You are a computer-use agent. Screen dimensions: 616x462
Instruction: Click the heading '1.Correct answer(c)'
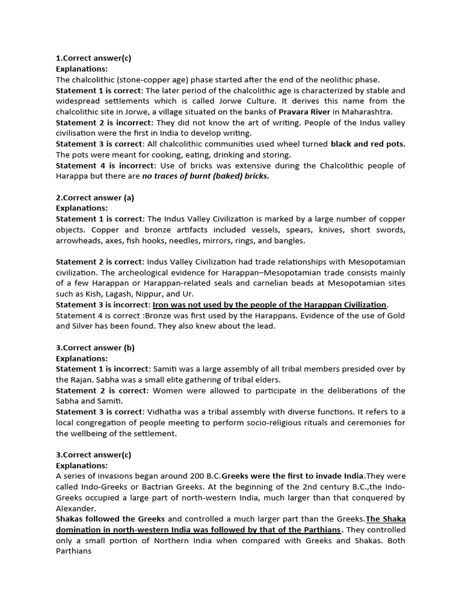[x=93, y=58]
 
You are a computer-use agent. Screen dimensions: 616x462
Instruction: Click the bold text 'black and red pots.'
[x=368, y=144]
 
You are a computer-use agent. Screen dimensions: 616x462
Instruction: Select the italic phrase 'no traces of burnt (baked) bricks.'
[x=206, y=176]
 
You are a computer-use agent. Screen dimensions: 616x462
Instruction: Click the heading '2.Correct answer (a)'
[x=94, y=197]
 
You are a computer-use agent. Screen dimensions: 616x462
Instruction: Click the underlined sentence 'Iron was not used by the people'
[x=270, y=305]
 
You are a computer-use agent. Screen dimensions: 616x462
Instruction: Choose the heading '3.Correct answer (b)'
[x=94, y=348]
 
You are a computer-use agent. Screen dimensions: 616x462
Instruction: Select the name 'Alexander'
[x=76, y=508]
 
